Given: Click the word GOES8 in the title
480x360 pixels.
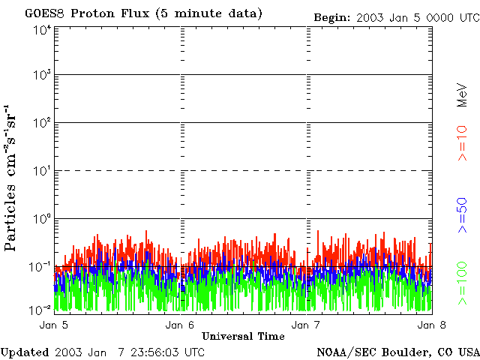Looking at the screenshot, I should pyautogui.click(x=42, y=13).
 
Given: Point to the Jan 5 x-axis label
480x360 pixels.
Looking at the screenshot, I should pyautogui.click(x=53, y=325).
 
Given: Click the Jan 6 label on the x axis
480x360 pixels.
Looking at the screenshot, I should pyautogui.click(x=179, y=325).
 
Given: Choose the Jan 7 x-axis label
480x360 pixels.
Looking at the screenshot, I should pyautogui.click(x=305, y=325).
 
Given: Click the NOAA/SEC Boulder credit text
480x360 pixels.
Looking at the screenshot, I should pyautogui.click(x=397, y=352).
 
